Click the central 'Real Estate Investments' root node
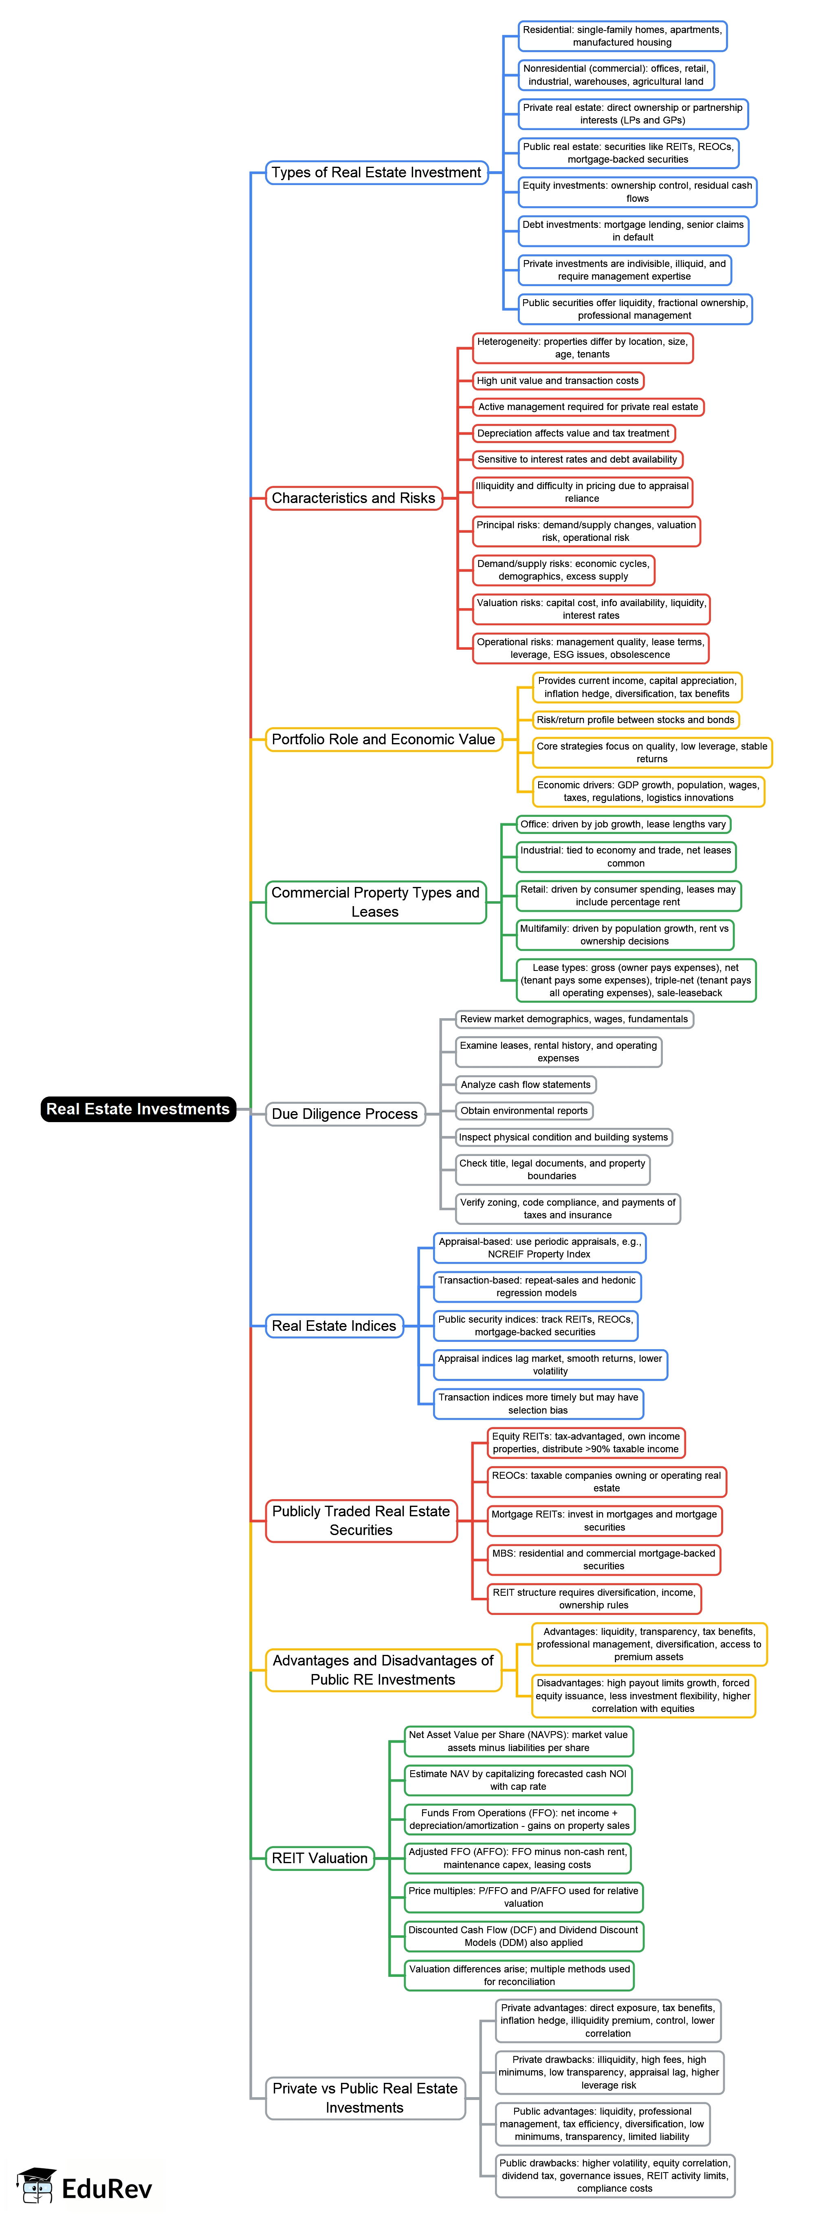click(x=138, y=1109)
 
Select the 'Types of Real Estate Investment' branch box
click(x=376, y=172)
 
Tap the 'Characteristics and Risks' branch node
click(x=353, y=498)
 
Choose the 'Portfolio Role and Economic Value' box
click(x=383, y=739)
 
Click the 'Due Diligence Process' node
click(x=345, y=1114)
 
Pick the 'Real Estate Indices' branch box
click(x=334, y=1326)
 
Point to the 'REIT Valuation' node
click(x=319, y=1858)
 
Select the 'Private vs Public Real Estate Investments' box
click(x=365, y=2098)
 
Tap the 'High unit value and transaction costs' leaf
click(x=557, y=381)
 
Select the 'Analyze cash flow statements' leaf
click(x=526, y=1085)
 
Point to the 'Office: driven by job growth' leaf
click(x=623, y=824)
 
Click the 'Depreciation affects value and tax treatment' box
click(x=573, y=433)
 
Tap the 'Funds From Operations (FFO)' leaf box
click(x=519, y=1819)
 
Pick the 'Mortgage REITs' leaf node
click(x=605, y=1520)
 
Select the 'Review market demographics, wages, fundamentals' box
click(x=574, y=1019)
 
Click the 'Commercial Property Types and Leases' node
click(x=376, y=902)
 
